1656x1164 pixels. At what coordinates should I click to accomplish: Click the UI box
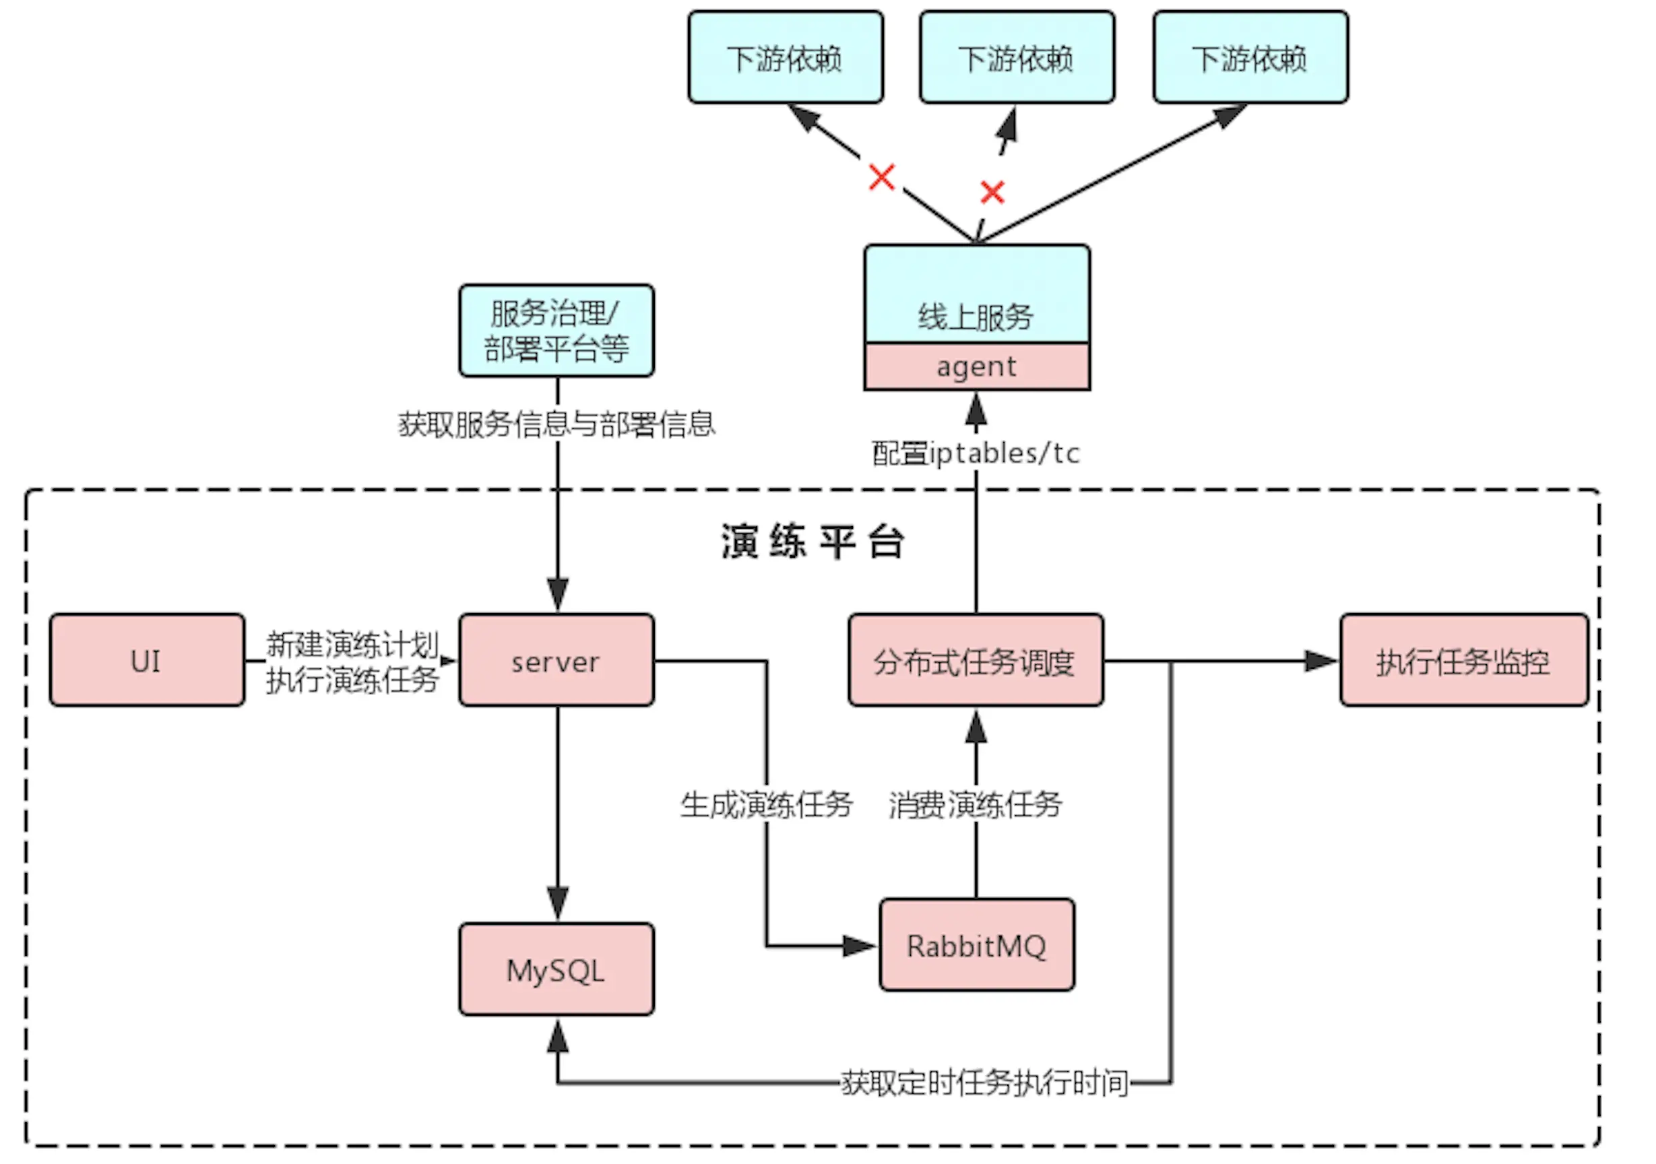point(146,661)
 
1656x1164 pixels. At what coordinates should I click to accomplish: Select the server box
point(556,661)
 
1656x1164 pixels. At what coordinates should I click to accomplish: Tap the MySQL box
point(556,970)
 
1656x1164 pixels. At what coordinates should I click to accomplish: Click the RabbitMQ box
point(977,946)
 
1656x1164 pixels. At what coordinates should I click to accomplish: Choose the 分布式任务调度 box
point(975,661)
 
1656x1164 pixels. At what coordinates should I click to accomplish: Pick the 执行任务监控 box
point(1463,661)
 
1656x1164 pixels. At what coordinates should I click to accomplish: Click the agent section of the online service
point(977,366)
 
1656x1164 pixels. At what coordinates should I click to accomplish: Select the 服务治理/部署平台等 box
point(556,331)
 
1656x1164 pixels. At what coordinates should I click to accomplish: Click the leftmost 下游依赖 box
point(785,58)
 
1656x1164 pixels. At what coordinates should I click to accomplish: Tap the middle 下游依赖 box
point(1016,58)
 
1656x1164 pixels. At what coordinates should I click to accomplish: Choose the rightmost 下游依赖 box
point(1250,58)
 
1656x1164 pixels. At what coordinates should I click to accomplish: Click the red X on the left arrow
point(881,176)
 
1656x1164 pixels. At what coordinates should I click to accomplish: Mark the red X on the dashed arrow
point(992,192)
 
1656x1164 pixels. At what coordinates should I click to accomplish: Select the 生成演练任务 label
point(766,804)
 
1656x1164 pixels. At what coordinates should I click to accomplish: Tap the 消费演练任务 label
point(975,804)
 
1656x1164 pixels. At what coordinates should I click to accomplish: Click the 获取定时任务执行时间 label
point(984,1082)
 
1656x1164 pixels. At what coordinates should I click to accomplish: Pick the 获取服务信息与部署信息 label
point(556,423)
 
